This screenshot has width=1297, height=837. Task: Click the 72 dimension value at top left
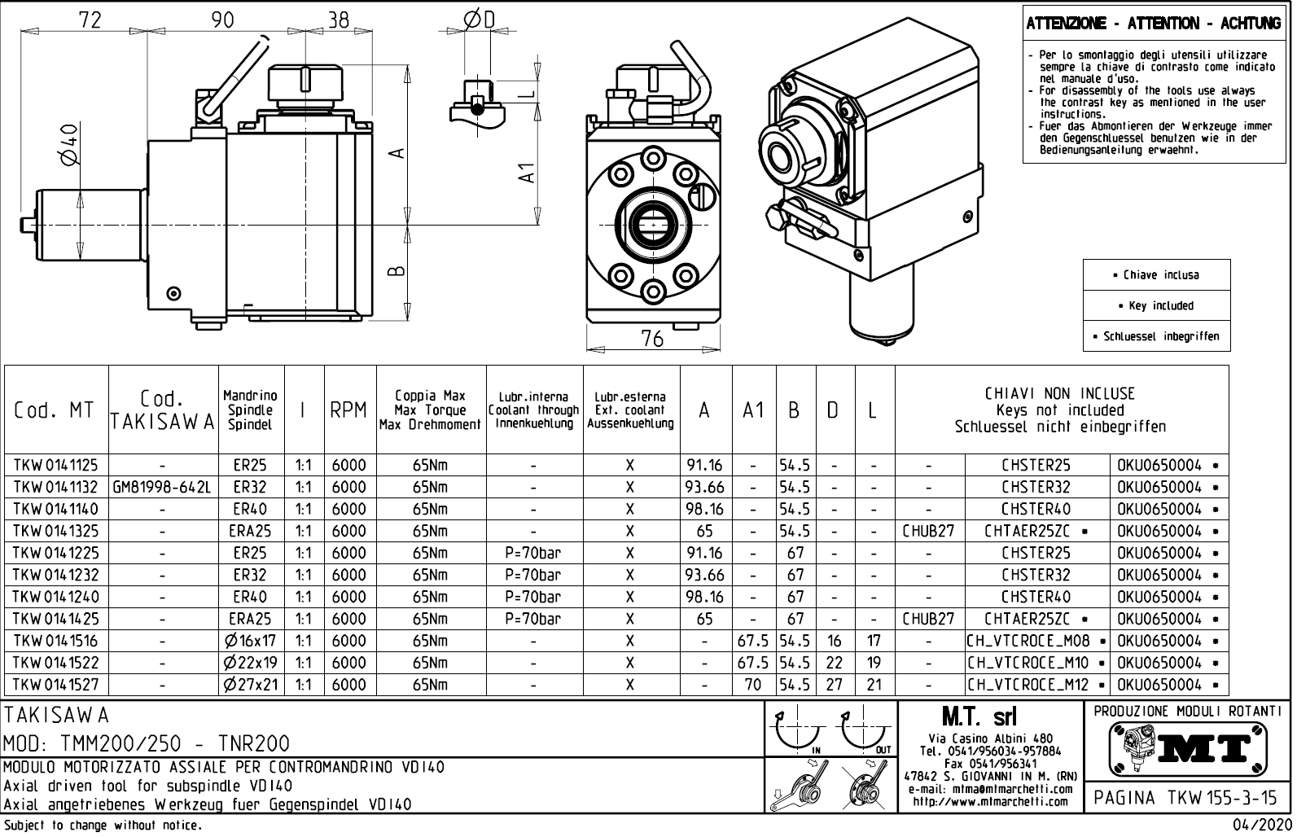[90, 20]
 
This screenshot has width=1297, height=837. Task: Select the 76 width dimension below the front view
[652, 339]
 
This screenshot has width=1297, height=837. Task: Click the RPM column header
[349, 410]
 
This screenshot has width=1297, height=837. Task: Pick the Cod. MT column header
[55, 410]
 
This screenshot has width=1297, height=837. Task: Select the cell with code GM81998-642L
[163, 488]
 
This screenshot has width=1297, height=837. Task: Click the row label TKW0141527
[55, 685]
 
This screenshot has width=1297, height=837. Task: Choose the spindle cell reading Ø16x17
[251, 641]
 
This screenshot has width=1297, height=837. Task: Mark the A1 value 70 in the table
[753, 685]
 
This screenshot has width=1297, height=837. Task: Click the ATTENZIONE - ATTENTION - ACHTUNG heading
[1153, 24]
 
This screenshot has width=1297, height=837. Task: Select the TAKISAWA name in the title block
[57, 716]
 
